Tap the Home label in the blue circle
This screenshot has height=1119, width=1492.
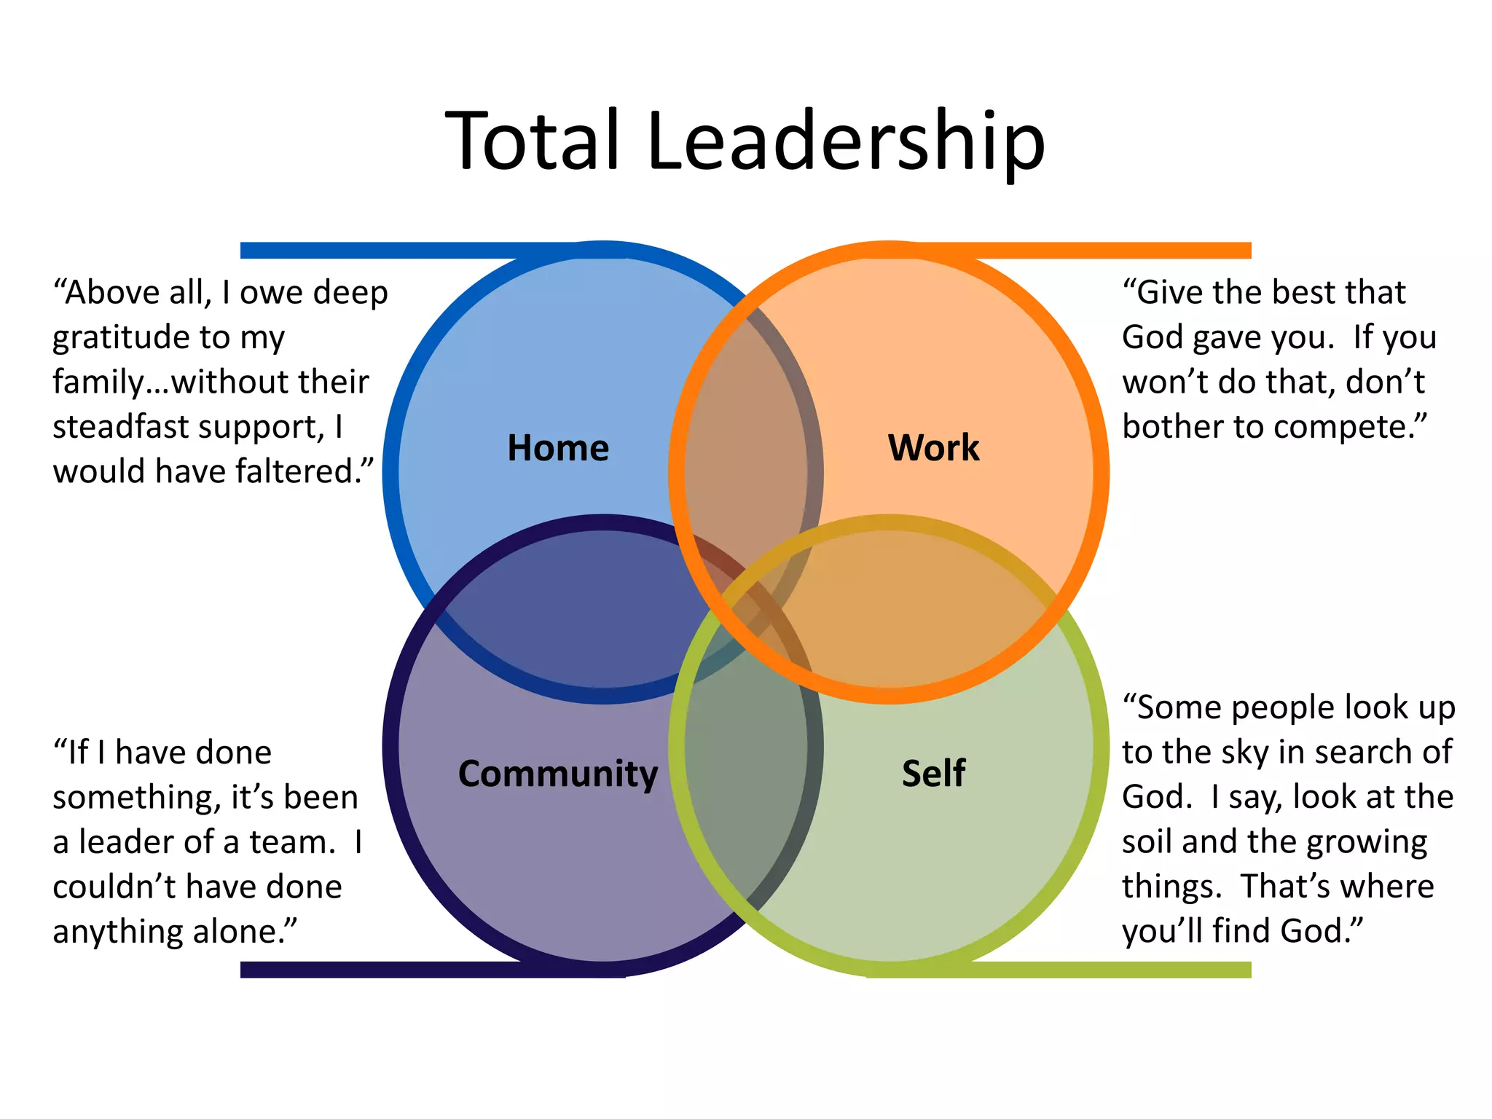[558, 447]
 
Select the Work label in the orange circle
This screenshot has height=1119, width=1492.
[933, 447]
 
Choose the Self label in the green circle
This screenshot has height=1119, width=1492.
[933, 773]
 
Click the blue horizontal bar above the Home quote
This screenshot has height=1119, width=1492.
[433, 251]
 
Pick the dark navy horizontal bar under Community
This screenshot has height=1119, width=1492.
[433, 970]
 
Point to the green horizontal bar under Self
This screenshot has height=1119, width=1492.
[1059, 970]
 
